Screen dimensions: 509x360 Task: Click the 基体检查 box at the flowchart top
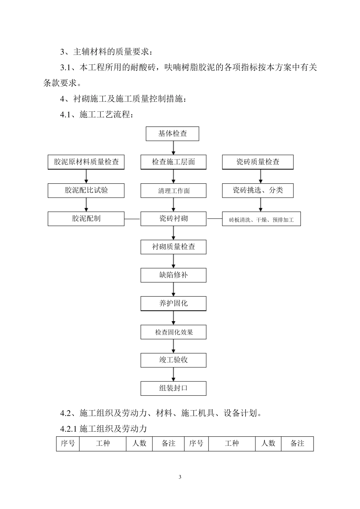(x=172, y=134)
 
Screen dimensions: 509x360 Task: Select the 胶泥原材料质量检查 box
(x=86, y=162)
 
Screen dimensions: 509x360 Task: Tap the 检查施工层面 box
(x=174, y=162)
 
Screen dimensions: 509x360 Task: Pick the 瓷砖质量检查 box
(x=258, y=162)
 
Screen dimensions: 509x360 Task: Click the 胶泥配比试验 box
(x=86, y=190)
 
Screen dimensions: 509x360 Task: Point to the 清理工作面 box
(x=174, y=191)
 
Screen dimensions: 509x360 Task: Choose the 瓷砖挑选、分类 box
(x=258, y=190)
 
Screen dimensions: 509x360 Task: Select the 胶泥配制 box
(x=86, y=219)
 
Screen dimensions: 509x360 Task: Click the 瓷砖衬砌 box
(x=174, y=219)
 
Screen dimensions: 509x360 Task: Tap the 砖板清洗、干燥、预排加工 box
(x=261, y=219)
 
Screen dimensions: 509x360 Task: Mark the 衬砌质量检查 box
(x=174, y=247)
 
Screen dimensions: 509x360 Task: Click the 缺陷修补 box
(x=174, y=275)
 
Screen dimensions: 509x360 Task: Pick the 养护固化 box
(x=174, y=304)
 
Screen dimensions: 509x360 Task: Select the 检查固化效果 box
(x=174, y=332)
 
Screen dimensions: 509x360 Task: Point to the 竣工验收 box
(x=174, y=360)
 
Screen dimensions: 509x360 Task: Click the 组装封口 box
(x=174, y=389)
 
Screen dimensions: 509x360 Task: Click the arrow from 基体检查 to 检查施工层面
(x=174, y=148)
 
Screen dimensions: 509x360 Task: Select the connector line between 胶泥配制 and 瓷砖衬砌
(x=132, y=219)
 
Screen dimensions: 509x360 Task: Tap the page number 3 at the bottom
(x=180, y=477)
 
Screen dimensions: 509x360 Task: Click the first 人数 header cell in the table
(x=139, y=443)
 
